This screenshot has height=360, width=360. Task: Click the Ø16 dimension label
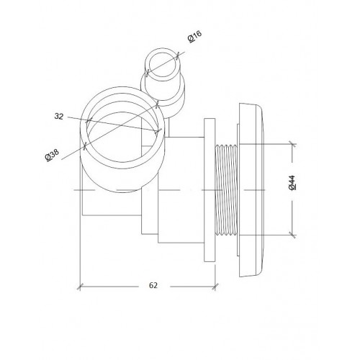tap(194, 37)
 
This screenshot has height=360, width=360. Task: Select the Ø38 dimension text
tap(52, 155)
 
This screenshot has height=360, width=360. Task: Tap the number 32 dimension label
tap(59, 117)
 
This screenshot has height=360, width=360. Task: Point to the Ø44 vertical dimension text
tap(292, 183)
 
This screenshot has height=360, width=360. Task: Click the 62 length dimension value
tap(153, 285)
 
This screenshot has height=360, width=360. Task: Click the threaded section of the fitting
tap(226, 189)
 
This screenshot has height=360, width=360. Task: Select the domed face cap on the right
tap(252, 190)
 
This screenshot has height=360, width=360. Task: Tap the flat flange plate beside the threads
tap(210, 190)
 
